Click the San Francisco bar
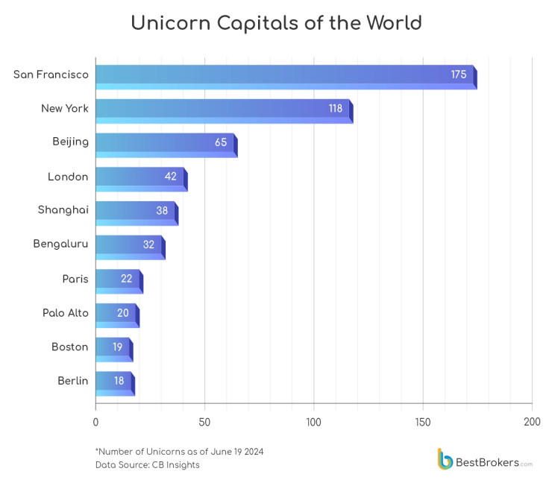click(283, 75)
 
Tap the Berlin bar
click(113, 382)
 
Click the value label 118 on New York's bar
click(336, 109)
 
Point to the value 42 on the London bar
click(171, 177)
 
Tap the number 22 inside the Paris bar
click(127, 279)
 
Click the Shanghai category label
click(63, 210)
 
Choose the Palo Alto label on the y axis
click(66, 313)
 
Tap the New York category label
click(65, 109)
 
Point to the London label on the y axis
click(68, 177)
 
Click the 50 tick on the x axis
click(204, 422)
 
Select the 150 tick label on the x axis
click(423, 422)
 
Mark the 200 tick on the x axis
click(532, 422)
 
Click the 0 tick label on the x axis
click(95, 422)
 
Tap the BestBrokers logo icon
click(445, 459)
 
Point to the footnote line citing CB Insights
click(147, 465)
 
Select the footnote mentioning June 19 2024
click(179, 452)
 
